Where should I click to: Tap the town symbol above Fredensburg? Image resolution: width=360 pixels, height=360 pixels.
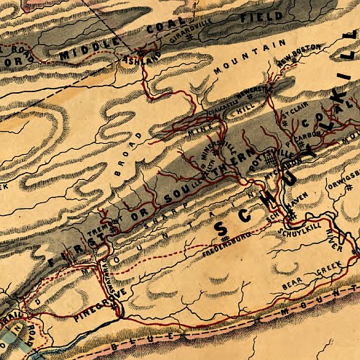click(x=226, y=237)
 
